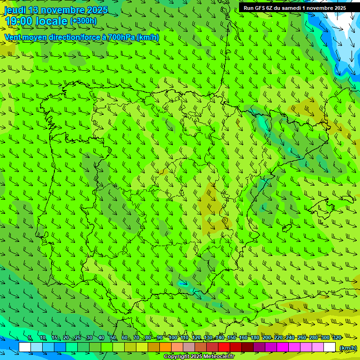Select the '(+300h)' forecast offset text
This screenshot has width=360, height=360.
(x=83, y=21)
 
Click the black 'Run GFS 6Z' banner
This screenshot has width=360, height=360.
(x=294, y=7)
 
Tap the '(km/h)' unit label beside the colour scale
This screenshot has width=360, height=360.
(x=348, y=347)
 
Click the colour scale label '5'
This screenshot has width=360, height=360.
(x=30, y=338)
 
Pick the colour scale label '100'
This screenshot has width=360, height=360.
(x=172, y=338)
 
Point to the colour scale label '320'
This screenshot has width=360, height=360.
(x=337, y=338)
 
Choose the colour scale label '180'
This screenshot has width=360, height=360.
(x=255, y=338)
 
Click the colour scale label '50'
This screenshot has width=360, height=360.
(x=113, y=338)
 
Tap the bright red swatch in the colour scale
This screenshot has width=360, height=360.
(x=224, y=347)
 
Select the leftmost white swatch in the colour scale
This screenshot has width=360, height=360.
(x=25, y=347)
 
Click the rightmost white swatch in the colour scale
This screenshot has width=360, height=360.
(x=330, y=347)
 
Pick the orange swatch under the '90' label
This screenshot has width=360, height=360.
(x=165, y=347)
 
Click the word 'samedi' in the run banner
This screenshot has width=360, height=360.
(x=293, y=7)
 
